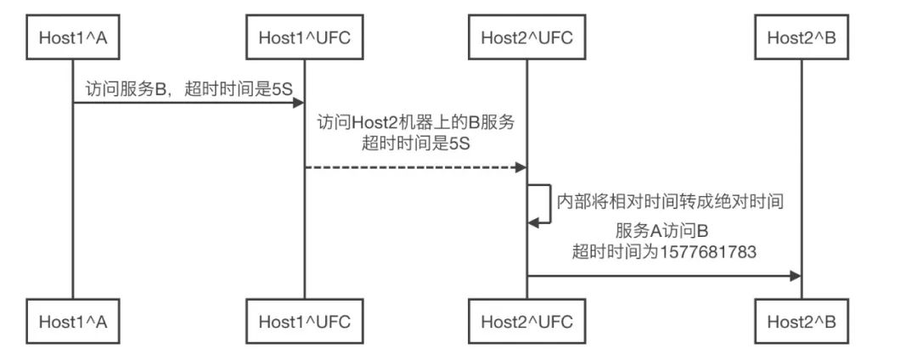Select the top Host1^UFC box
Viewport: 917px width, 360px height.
305,37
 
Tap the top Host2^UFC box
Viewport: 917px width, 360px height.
526,37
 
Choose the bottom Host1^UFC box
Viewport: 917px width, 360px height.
305,322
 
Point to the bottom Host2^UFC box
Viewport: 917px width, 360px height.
526,322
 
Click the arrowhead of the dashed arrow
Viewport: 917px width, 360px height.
520,167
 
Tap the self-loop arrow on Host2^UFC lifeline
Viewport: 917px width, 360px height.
544,203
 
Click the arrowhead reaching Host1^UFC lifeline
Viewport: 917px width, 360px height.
298,103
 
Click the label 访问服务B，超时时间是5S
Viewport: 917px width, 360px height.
189,88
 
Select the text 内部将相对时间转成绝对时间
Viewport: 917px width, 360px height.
668,201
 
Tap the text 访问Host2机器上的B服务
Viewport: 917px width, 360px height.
415,122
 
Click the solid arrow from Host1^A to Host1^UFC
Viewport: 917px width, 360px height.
187,103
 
